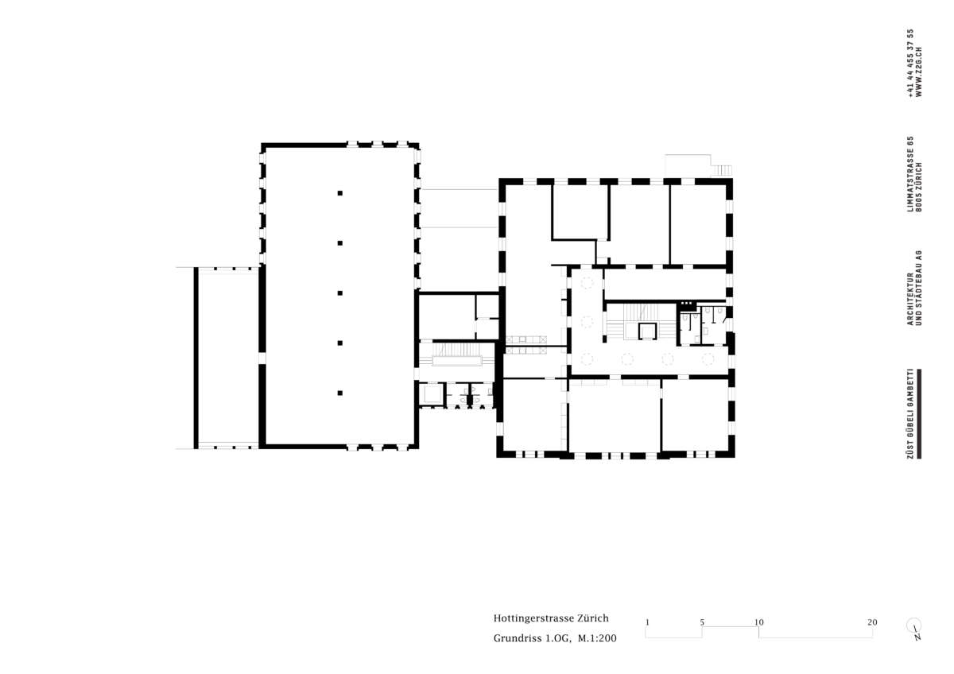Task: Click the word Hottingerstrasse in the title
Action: coord(533,618)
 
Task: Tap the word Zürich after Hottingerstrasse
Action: coord(593,618)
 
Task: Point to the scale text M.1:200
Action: coord(597,638)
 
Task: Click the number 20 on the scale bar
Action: coord(872,622)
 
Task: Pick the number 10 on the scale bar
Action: coord(759,622)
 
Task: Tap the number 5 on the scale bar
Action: coord(702,622)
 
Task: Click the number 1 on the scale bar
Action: coord(647,622)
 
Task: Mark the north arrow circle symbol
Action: coord(913,626)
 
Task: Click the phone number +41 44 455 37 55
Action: coord(910,63)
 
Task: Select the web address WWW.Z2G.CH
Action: coord(919,72)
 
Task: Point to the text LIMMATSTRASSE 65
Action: coord(910,174)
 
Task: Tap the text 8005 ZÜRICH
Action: coord(919,187)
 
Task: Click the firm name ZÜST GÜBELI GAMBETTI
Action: coord(910,413)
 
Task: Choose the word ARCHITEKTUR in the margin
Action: coord(910,299)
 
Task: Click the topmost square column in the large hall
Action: coord(340,193)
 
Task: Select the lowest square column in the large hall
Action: coord(340,393)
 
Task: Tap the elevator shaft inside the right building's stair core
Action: coord(647,331)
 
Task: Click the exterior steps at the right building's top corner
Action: coord(722,170)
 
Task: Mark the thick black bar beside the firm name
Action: coord(919,413)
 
